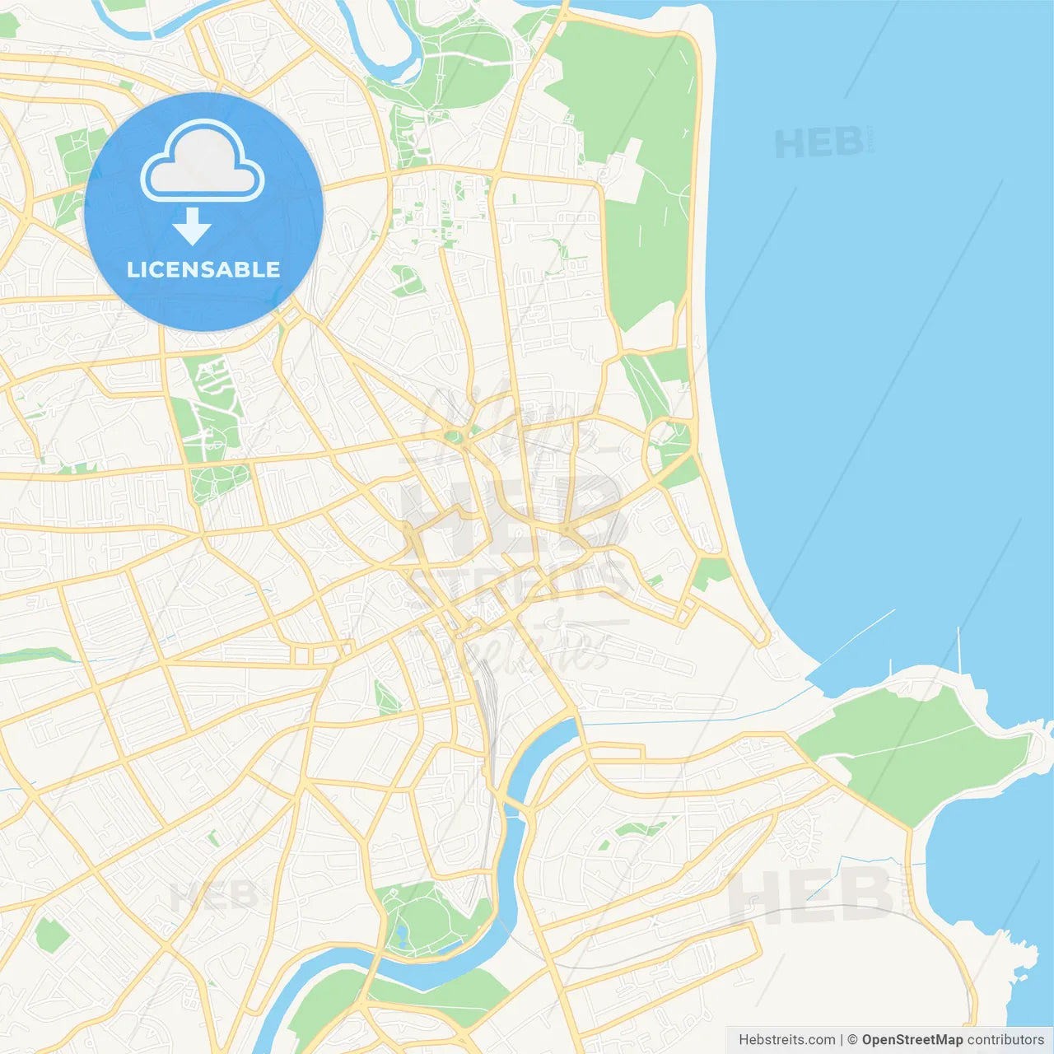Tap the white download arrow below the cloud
pyautogui.click(x=192, y=226)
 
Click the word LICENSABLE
pyautogui.click(x=203, y=269)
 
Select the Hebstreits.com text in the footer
pyautogui.click(x=786, y=1040)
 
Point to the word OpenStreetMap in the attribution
pyautogui.click(x=912, y=1040)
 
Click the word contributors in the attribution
pyautogui.click(x=1005, y=1040)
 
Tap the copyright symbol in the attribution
pyautogui.click(x=852, y=1040)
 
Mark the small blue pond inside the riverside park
pyautogui.click(x=400, y=935)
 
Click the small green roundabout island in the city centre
pyautogui.click(x=452, y=436)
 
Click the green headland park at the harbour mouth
pyautogui.click(x=914, y=749)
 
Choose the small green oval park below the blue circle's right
pyautogui.click(x=407, y=281)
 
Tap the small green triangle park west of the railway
pyautogui.click(x=385, y=698)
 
